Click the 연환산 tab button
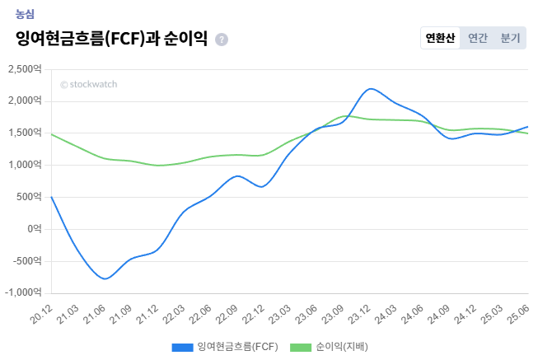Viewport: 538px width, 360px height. point(440,38)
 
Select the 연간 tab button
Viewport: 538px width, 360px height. point(478,38)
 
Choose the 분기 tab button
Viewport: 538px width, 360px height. point(511,38)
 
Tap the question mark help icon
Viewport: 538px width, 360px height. point(222,40)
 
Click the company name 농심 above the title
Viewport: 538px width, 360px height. point(26,14)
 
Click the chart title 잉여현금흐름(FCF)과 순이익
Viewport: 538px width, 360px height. point(111,39)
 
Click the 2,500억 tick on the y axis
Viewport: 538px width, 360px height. point(24,69)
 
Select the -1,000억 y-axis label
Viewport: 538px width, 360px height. point(23,292)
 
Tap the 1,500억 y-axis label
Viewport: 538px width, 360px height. point(24,133)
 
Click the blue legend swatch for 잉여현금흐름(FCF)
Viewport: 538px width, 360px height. point(182,347)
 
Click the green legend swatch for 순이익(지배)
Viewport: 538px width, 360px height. point(302,347)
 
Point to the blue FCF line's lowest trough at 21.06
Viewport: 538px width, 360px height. point(105,278)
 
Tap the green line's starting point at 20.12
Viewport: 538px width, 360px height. point(52,133)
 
